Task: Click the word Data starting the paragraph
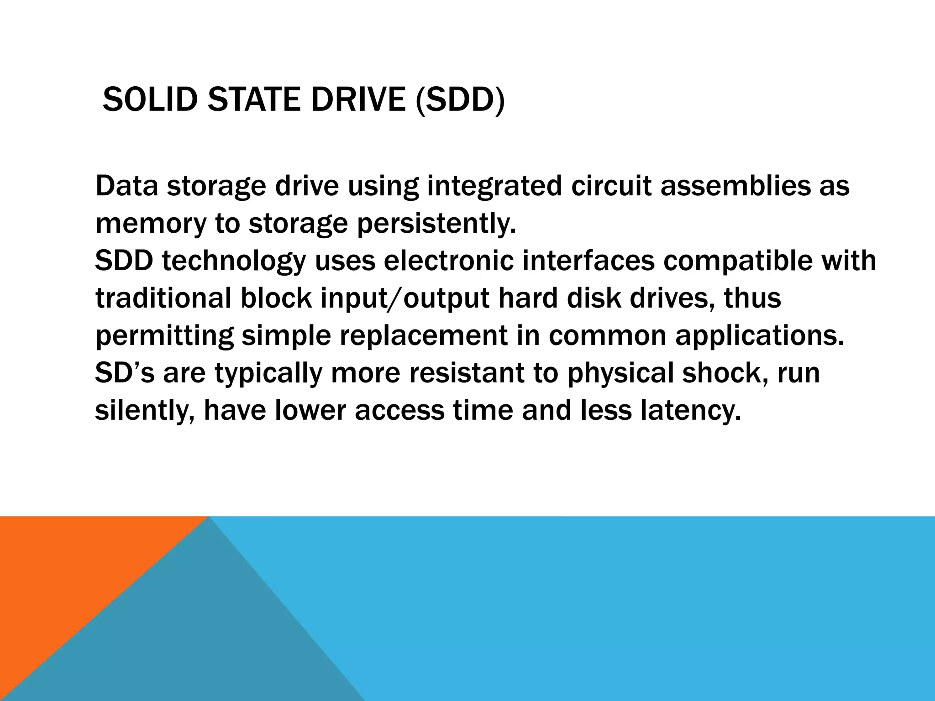(x=126, y=186)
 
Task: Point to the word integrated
(x=494, y=186)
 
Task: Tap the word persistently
(x=436, y=224)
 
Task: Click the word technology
(x=233, y=261)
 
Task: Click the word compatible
(x=737, y=261)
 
